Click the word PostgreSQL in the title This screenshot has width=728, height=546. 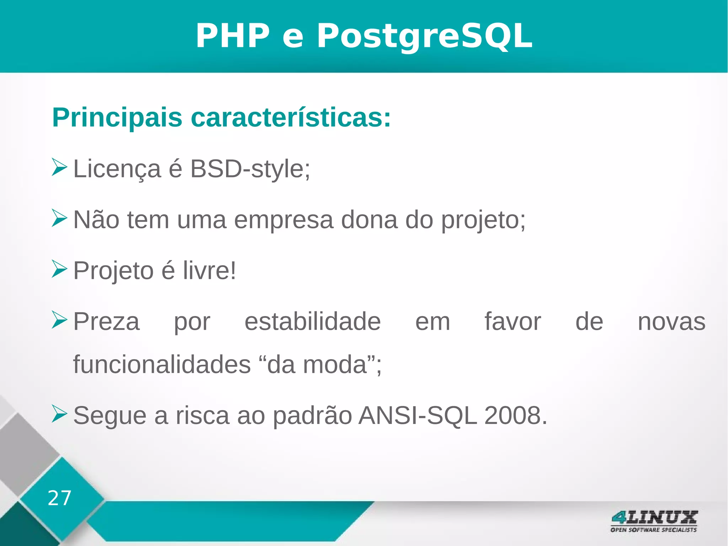[424, 36]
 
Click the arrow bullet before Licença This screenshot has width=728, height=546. [59, 167]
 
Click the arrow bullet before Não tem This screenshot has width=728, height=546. [59, 218]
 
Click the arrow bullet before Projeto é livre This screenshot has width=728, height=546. [59, 269]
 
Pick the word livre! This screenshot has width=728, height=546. [209, 271]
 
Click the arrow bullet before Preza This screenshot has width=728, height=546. [59, 320]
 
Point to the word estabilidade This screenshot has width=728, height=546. [312, 322]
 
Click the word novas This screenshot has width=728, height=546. [671, 322]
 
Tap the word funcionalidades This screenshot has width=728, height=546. [162, 365]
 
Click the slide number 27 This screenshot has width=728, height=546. [59, 498]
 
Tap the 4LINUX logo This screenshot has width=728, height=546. [654, 521]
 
